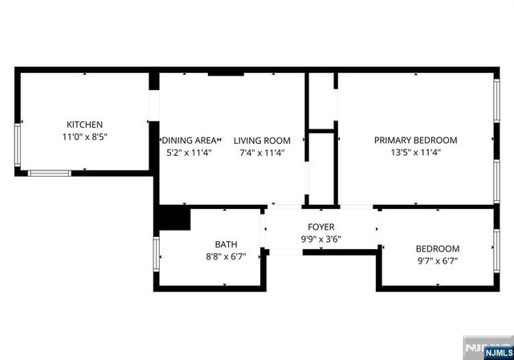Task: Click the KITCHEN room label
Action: pyautogui.click(x=84, y=125)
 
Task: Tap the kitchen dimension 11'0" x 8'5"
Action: pyautogui.click(x=84, y=137)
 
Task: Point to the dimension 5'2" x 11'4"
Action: pyautogui.click(x=188, y=152)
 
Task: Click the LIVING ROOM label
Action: pyautogui.click(x=262, y=140)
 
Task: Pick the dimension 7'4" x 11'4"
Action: pyautogui.click(x=262, y=152)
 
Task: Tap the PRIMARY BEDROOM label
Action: pyautogui.click(x=415, y=139)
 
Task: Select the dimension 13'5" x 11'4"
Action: pyautogui.click(x=415, y=152)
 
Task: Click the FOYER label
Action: pyautogui.click(x=321, y=227)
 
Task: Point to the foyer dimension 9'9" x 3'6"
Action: pyautogui.click(x=321, y=239)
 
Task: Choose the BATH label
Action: pyautogui.click(x=226, y=244)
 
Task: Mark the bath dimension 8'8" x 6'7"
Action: pyautogui.click(x=226, y=257)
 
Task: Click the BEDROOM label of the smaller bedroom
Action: pyautogui.click(x=437, y=248)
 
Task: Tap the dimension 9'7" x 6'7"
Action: pyautogui.click(x=437, y=261)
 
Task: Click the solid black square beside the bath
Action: pyautogui.click(x=173, y=219)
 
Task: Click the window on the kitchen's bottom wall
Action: pyautogui.click(x=50, y=172)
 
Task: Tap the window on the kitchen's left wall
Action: pyautogui.click(x=18, y=144)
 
